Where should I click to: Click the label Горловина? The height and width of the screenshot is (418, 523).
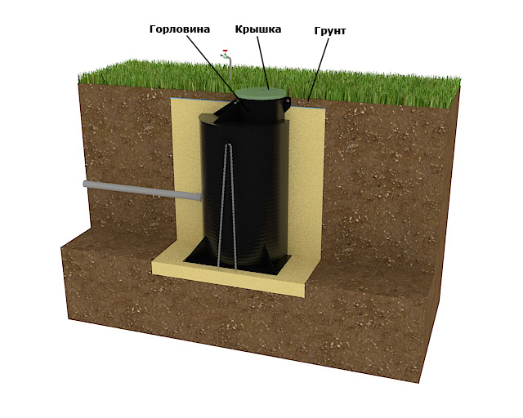(x=180, y=29)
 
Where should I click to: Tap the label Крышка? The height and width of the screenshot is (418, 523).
(x=258, y=29)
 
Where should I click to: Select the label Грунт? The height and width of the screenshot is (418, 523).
(x=330, y=31)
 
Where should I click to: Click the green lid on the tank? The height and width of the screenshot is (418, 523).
(x=260, y=94)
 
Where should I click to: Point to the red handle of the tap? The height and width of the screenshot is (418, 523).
(x=226, y=51)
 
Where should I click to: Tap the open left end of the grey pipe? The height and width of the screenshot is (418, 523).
(x=85, y=184)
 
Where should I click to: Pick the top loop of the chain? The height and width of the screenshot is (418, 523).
(x=228, y=145)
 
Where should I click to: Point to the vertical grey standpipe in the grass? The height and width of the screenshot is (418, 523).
(x=230, y=69)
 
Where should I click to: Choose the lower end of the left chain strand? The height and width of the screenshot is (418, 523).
(x=218, y=267)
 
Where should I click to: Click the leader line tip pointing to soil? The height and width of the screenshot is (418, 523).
(x=308, y=100)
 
